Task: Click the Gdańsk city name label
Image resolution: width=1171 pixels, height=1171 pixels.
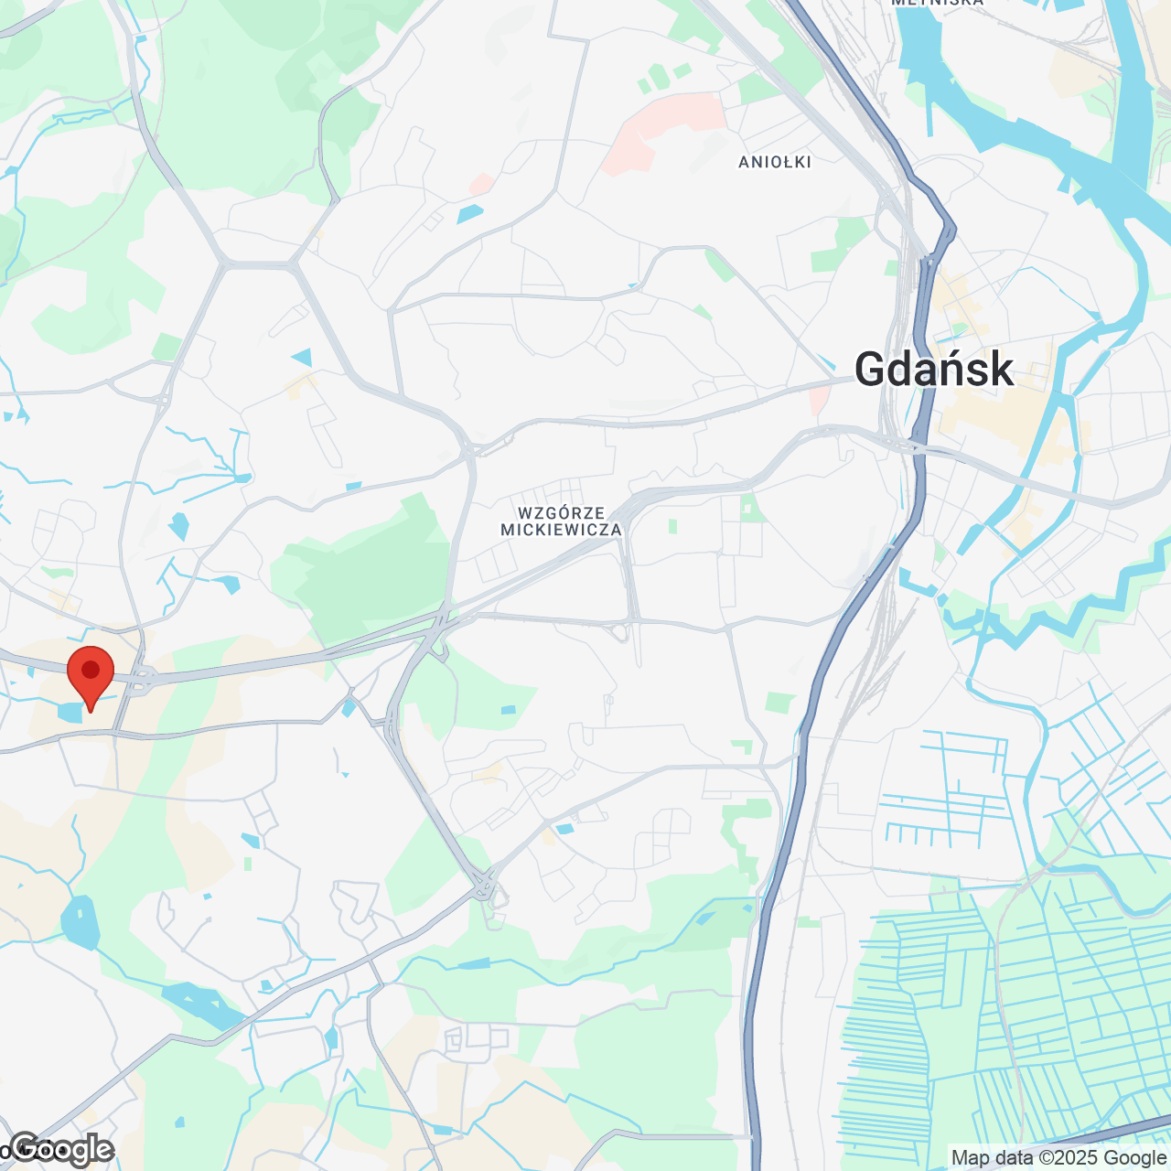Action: (x=934, y=370)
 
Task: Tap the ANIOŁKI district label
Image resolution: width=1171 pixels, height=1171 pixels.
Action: (x=775, y=162)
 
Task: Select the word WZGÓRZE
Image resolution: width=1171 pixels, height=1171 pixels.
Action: (x=561, y=513)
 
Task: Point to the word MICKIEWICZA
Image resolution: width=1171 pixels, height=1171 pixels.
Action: (x=561, y=530)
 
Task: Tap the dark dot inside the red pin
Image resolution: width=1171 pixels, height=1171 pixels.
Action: (x=91, y=670)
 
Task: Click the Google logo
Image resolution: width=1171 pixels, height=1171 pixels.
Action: (x=62, y=1149)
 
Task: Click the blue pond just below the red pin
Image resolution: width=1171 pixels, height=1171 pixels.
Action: (x=70, y=711)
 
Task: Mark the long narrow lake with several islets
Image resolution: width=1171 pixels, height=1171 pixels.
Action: (x=201, y=1004)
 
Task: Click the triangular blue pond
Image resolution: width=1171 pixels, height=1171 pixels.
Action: (x=302, y=357)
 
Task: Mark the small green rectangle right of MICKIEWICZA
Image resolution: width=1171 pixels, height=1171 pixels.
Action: (x=672, y=526)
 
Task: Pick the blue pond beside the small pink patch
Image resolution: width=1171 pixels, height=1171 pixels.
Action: (x=470, y=214)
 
